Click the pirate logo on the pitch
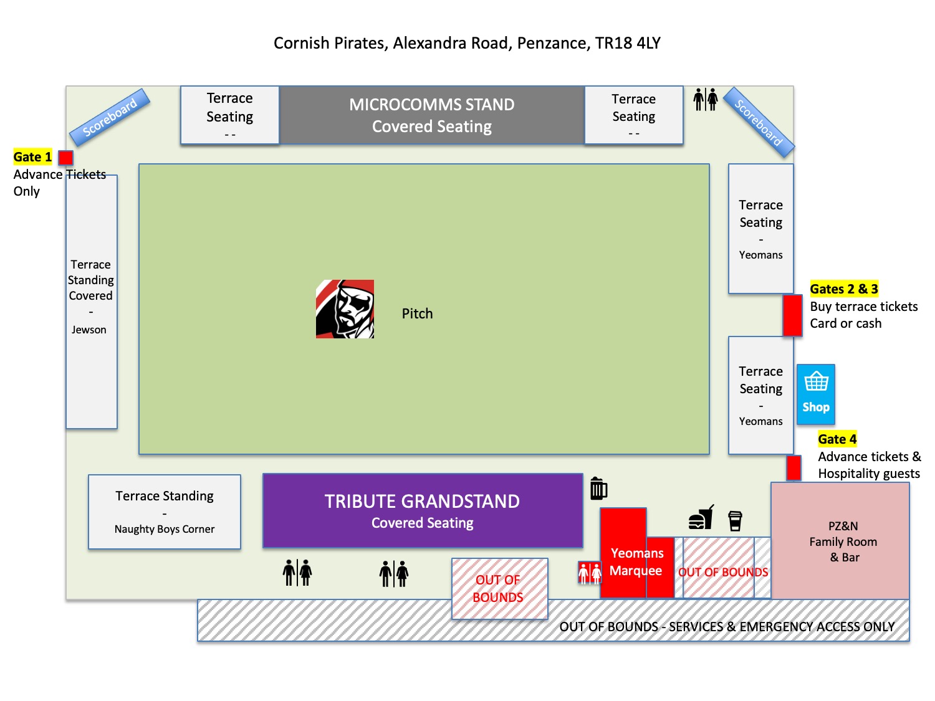[345, 309]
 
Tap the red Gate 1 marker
[65, 158]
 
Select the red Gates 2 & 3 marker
[792, 315]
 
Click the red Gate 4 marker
[794, 468]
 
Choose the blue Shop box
[816, 394]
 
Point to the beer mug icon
[598, 489]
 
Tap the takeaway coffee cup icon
[736, 520]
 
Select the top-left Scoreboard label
[110, 117]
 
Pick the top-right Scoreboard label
[758, 122]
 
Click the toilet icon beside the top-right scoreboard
[706, 99]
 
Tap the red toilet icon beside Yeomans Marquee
[590, 573]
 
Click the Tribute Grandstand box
[423, 511]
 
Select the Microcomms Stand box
[432, 115]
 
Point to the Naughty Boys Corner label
[165, 529]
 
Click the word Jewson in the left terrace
[89, 330]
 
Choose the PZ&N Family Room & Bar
[843, 541]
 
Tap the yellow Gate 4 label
[837, 439]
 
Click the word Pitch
[417, 313]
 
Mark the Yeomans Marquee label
[636, 561]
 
